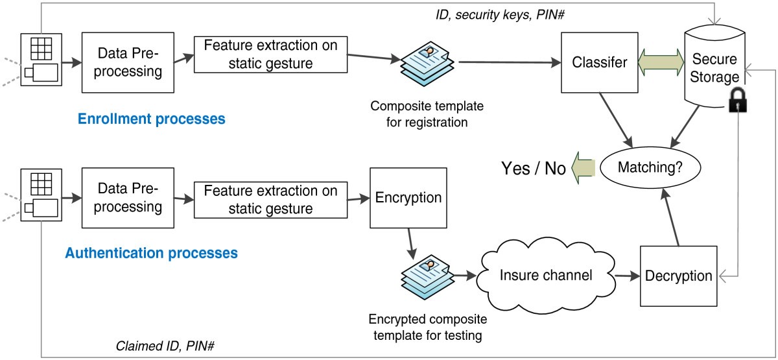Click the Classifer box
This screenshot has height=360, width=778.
(599, 63)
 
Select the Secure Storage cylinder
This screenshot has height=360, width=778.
(713, 65)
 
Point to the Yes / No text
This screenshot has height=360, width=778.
(533, 169)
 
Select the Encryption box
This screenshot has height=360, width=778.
(408, 198)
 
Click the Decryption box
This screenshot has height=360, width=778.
(678, 276)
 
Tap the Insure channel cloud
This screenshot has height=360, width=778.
(546, 275)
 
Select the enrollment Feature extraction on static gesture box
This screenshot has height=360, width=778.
(270, 54)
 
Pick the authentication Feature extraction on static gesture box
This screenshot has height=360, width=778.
(270, 199)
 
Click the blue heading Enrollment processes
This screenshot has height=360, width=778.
(151, 119)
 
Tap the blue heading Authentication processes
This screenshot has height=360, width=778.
(151, 252)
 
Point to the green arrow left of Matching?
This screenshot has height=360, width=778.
(584, 168)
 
